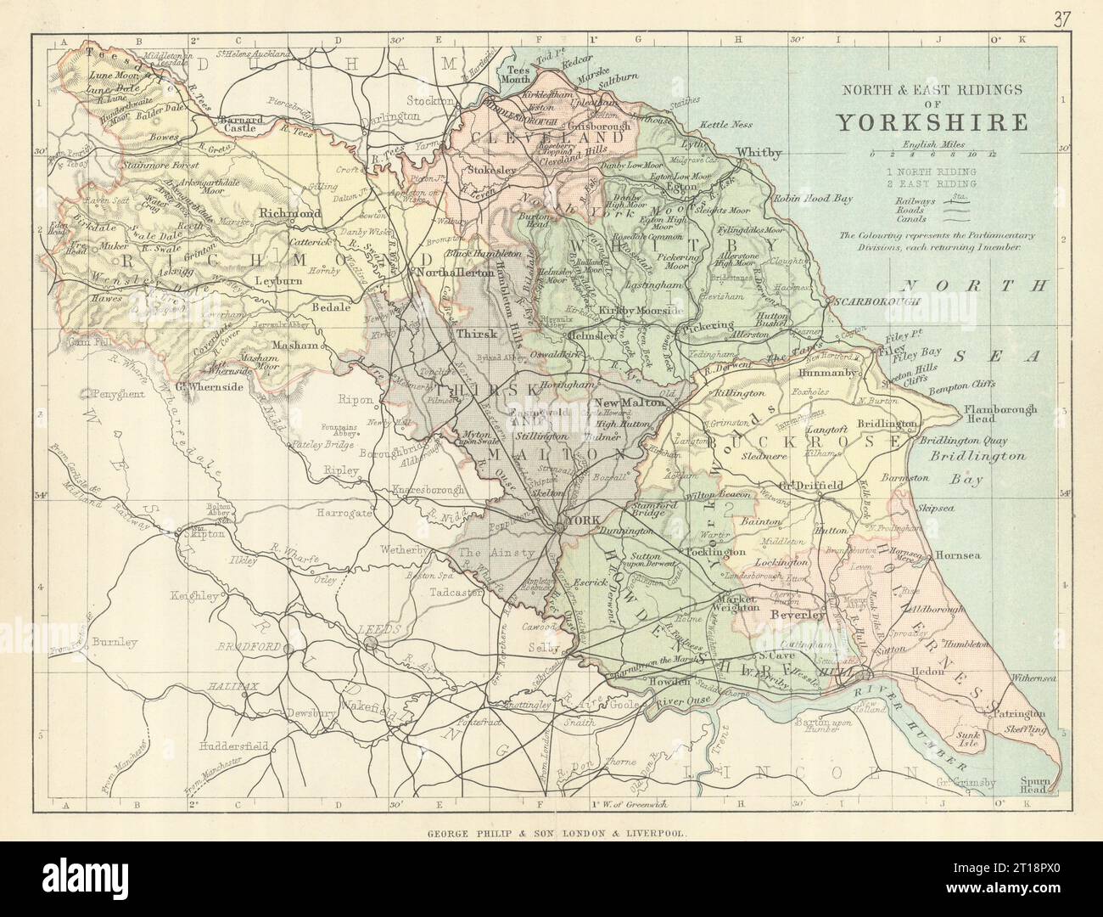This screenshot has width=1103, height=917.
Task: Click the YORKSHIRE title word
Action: coord(932,121)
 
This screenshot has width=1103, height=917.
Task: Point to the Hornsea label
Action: coord(959,555)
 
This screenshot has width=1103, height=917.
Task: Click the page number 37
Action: coord(1073,20)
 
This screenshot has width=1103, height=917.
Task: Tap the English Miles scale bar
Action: coord(933,155)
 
